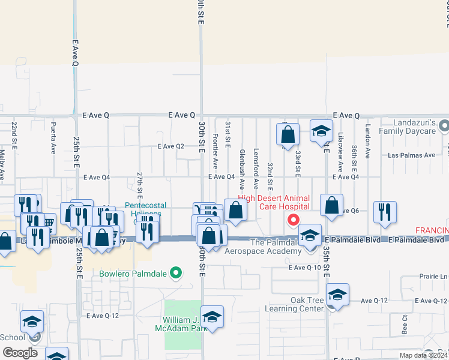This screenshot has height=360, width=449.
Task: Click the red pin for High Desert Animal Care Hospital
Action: click(294, 220)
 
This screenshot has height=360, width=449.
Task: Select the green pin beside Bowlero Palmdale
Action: click(176, 274)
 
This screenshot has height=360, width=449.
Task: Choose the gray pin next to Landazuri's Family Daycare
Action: click(444, 127)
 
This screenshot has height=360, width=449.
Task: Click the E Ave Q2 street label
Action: click(171, 146)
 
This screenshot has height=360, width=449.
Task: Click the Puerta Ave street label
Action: click(54, 139)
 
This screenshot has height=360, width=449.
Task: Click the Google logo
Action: click(20, 353)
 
